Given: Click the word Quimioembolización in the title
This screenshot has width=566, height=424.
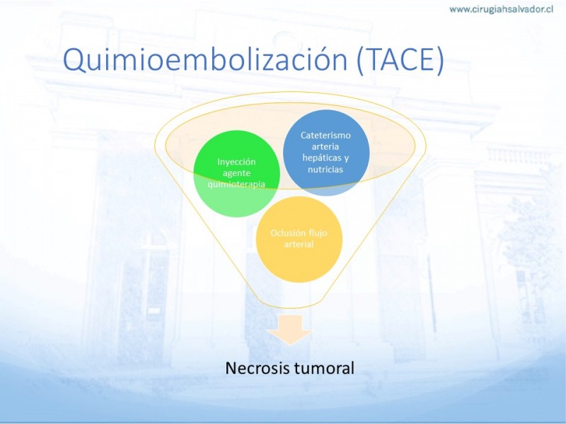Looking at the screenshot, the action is coord(205,59).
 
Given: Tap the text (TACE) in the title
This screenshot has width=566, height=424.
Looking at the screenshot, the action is coord(400,60).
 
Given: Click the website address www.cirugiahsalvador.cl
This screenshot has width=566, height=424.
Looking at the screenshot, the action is coord(502,10).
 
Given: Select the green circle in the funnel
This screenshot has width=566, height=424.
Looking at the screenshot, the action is coord(237,174).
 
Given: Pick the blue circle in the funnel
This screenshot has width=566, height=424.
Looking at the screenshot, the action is coord(326,153).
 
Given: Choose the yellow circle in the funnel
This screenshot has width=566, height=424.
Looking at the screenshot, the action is coord(299,240).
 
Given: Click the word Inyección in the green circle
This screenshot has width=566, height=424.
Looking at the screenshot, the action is coord(236,162).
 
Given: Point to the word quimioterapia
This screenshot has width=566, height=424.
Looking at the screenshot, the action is coord(236,184).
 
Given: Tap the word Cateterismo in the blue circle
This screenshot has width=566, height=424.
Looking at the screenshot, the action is coord(325,135).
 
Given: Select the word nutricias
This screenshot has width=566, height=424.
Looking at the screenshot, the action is coord(325,169).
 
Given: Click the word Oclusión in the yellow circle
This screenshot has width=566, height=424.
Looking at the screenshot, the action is coord(284,232).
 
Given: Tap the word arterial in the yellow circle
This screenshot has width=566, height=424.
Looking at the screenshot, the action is coord(299,244).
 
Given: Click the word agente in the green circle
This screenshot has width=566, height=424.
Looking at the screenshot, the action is coord(236,173).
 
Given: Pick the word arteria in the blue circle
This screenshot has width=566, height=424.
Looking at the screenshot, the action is coord(325,146).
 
